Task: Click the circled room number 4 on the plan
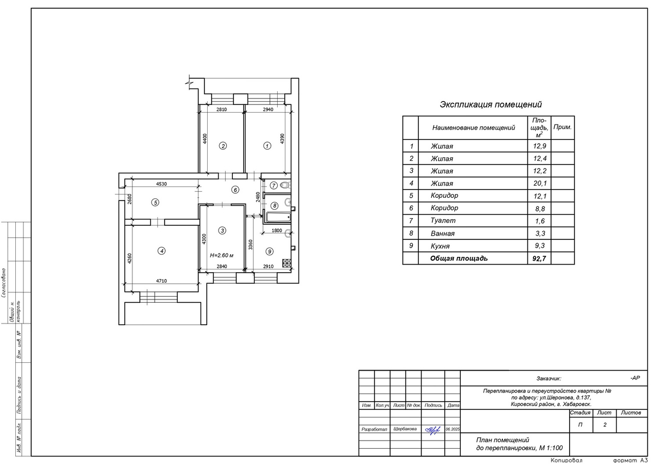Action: (161, 251)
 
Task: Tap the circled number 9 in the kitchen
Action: (269, 251)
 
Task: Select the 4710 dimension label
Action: (161, 281)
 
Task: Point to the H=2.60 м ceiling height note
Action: (222, 256)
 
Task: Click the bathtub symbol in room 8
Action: (278, 217)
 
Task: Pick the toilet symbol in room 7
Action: (285, 185)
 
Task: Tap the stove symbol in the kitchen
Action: (286, 263)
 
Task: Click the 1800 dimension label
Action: (277, 231)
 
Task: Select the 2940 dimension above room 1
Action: (268, 109)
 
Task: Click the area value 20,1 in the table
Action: (540, 184)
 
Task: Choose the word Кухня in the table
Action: (440, 246)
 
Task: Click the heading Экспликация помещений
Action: (490, 104)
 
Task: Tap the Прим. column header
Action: (563, 127)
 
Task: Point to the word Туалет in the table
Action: (443, 221)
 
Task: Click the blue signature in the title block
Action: (432, 430)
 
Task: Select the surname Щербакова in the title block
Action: (405, 429)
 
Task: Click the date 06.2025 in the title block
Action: (453, 429)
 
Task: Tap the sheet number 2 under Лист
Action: (605, 425)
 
